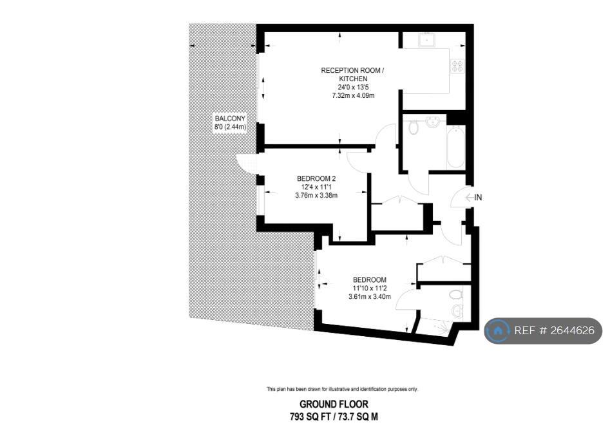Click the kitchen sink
427,40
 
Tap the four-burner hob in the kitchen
457,66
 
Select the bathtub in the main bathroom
455,147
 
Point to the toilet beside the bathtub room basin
414,127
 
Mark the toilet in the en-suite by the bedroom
456,295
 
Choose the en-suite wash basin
457,312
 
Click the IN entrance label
478,198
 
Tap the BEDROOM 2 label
316,178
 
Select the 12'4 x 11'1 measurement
316,187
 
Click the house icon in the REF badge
498,331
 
